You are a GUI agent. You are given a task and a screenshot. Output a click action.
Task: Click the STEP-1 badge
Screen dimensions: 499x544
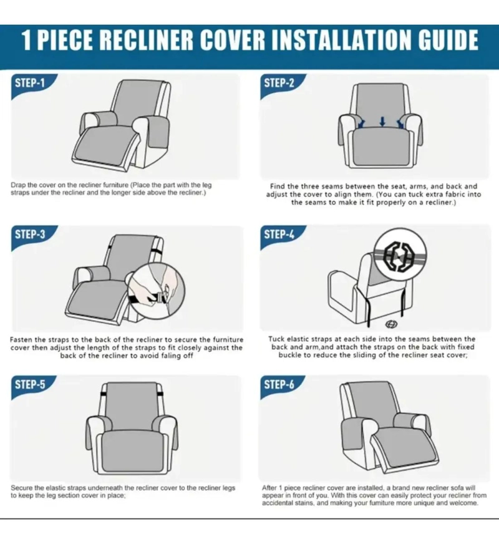pyautogui.click(x=31, y=85)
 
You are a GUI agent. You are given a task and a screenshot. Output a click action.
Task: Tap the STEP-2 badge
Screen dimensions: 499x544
pyautogui.click(x=280, y=85)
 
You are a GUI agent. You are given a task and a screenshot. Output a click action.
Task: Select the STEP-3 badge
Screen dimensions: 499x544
pyautogui.click(x=31, y=236)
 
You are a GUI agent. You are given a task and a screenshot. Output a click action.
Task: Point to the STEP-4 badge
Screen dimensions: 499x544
pyautogui.click(x=280, y=236)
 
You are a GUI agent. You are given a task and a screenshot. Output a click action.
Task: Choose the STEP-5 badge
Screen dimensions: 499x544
pyautogui.click(x=31, y=386)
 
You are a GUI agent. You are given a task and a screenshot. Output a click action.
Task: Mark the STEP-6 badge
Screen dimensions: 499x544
pyautogui.click(x=280, y=386)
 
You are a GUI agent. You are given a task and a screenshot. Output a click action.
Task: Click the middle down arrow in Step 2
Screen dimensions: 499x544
pyautogui.click(x=382, y=122)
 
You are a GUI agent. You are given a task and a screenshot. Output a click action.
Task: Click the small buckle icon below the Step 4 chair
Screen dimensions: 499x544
pyautogui.click(x=391, y=324)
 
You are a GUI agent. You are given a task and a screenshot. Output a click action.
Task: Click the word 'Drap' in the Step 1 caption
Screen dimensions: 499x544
pyautogui.click(x=18, y=185)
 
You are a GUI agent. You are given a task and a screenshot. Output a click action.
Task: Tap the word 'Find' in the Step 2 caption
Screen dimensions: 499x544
pyautogui.click(x=278, y=187)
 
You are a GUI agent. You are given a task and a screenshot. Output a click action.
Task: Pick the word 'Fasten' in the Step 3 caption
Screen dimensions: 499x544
pyautogui.click(x=21, y=339)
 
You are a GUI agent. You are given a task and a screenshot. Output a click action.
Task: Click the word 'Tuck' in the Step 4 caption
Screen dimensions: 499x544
pyautogui.click(x=277, y=339)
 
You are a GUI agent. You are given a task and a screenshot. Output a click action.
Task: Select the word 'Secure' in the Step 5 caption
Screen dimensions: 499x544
pyautogui.click(x=21, y=488)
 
